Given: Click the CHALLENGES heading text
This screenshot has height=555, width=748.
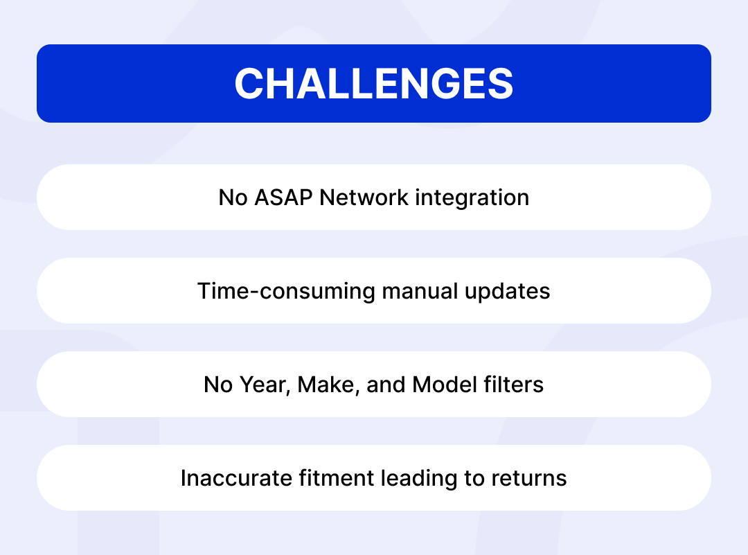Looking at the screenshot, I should tap(374, 84).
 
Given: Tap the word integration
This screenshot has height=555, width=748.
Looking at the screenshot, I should tap(472, 197).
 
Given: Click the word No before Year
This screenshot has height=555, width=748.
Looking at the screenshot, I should tap(218, 385).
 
